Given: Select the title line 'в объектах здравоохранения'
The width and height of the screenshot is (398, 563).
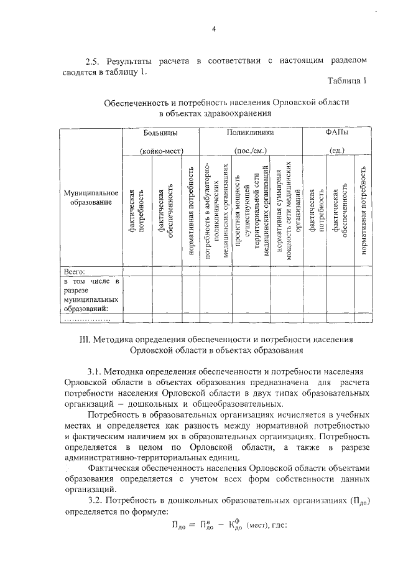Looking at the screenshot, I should pyautogui.click(x=216, y=113).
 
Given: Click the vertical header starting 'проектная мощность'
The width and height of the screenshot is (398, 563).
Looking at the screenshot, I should pyautogui.click(x=247, y=212).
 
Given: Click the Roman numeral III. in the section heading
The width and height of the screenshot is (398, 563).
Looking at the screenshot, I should pyautogui.click(x=98, y=340).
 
